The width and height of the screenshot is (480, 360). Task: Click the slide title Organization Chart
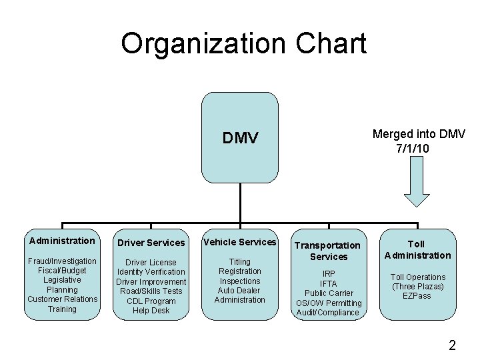click(243, 44)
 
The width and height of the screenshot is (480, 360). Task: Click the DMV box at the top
click(240, 138)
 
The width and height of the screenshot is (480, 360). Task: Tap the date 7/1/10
click(412, 148)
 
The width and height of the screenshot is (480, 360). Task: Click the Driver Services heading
click(151, 243)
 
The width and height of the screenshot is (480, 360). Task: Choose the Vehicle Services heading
click(240, 242)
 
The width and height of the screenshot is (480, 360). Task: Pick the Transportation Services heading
click(329, 251)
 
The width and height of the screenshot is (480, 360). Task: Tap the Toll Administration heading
click(418, 249)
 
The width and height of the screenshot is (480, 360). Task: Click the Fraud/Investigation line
click(62, 261)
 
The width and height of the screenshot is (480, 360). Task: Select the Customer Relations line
click(62, 299)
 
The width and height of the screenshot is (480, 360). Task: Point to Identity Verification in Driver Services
click(151, 272)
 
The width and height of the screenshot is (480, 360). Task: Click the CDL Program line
click(151, 301)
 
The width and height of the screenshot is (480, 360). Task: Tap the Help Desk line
click(151, 311)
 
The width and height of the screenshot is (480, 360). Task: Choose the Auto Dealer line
click(240, 291)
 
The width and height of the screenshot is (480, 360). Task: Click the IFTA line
click(329, 284)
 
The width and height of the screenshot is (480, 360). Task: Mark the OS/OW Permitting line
click(329, 303)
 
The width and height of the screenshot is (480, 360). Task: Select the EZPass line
click(417, 296)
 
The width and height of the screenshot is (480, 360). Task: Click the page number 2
click(452, 345)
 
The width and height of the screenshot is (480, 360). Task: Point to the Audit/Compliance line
click(329, 313)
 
